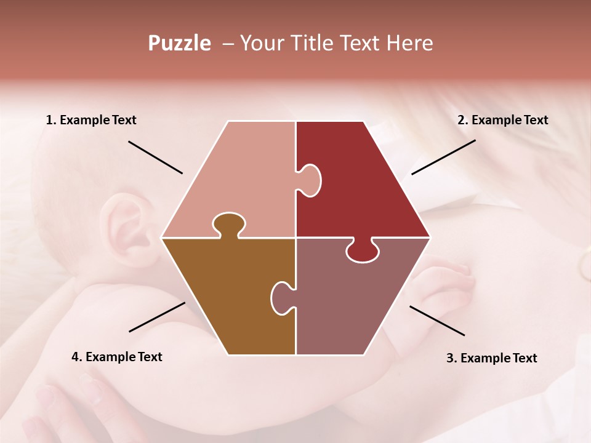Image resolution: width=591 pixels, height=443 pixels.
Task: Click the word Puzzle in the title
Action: click(x=179, y=44)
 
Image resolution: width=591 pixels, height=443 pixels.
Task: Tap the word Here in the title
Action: click(x=409, y=44)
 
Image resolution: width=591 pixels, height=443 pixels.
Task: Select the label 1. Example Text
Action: click(x=91, y=120)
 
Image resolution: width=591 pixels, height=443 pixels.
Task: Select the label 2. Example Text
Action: click(x=502, y=120)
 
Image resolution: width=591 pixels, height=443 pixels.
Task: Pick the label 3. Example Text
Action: click(x=491, y=358)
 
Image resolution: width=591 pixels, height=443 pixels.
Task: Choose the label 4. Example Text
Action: click(x=117, y=357)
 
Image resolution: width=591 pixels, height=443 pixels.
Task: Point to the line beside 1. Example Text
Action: click(x=155, y=158)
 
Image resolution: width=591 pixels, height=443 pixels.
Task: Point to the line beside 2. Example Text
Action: click(x=443, y=157)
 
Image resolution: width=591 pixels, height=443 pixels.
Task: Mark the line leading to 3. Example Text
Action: click(x=437, y=321)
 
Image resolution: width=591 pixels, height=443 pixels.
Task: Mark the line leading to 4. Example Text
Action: click(x=157, y=317)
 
